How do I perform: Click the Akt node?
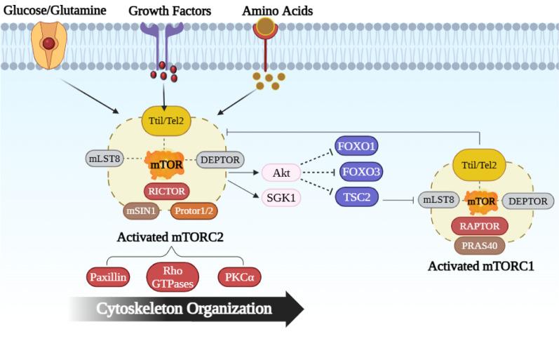coord(281,173)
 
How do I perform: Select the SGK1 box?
coord(281,198)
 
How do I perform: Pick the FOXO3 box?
coord(361,172)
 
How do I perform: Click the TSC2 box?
coord(357,197)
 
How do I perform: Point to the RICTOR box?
coord(166,189)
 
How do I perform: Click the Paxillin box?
coord(109,277)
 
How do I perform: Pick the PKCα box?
coord(241,277)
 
